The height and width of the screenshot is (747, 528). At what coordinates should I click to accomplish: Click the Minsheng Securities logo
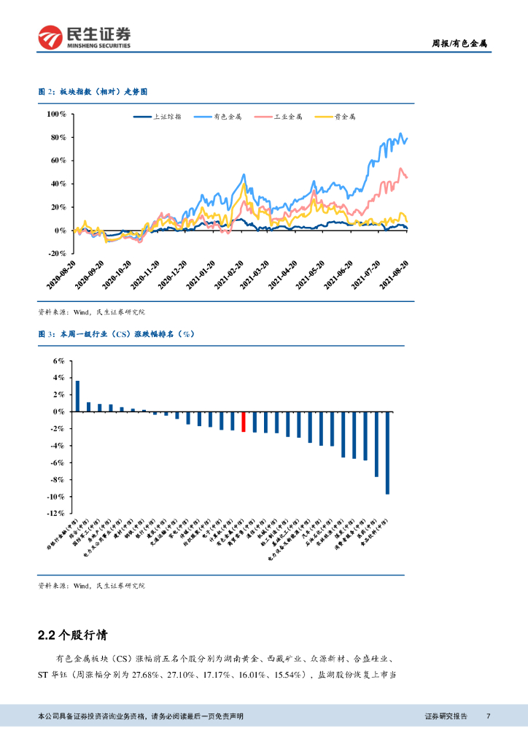coord(85,36)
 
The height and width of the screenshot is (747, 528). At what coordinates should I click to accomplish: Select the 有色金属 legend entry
coord(227,117)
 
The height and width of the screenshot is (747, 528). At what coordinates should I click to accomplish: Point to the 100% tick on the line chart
coord(56,115)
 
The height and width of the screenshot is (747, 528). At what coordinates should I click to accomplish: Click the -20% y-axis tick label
coord(56,253)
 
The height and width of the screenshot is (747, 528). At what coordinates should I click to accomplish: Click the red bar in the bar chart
coord(244,422)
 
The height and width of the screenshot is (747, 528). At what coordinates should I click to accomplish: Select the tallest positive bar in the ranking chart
coord(77,396)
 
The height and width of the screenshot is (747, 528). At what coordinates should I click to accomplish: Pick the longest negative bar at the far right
coord(387,453)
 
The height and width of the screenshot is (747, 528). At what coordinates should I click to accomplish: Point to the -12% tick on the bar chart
coord(56,514)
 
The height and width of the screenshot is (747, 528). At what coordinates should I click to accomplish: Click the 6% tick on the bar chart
coord(58,361)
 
